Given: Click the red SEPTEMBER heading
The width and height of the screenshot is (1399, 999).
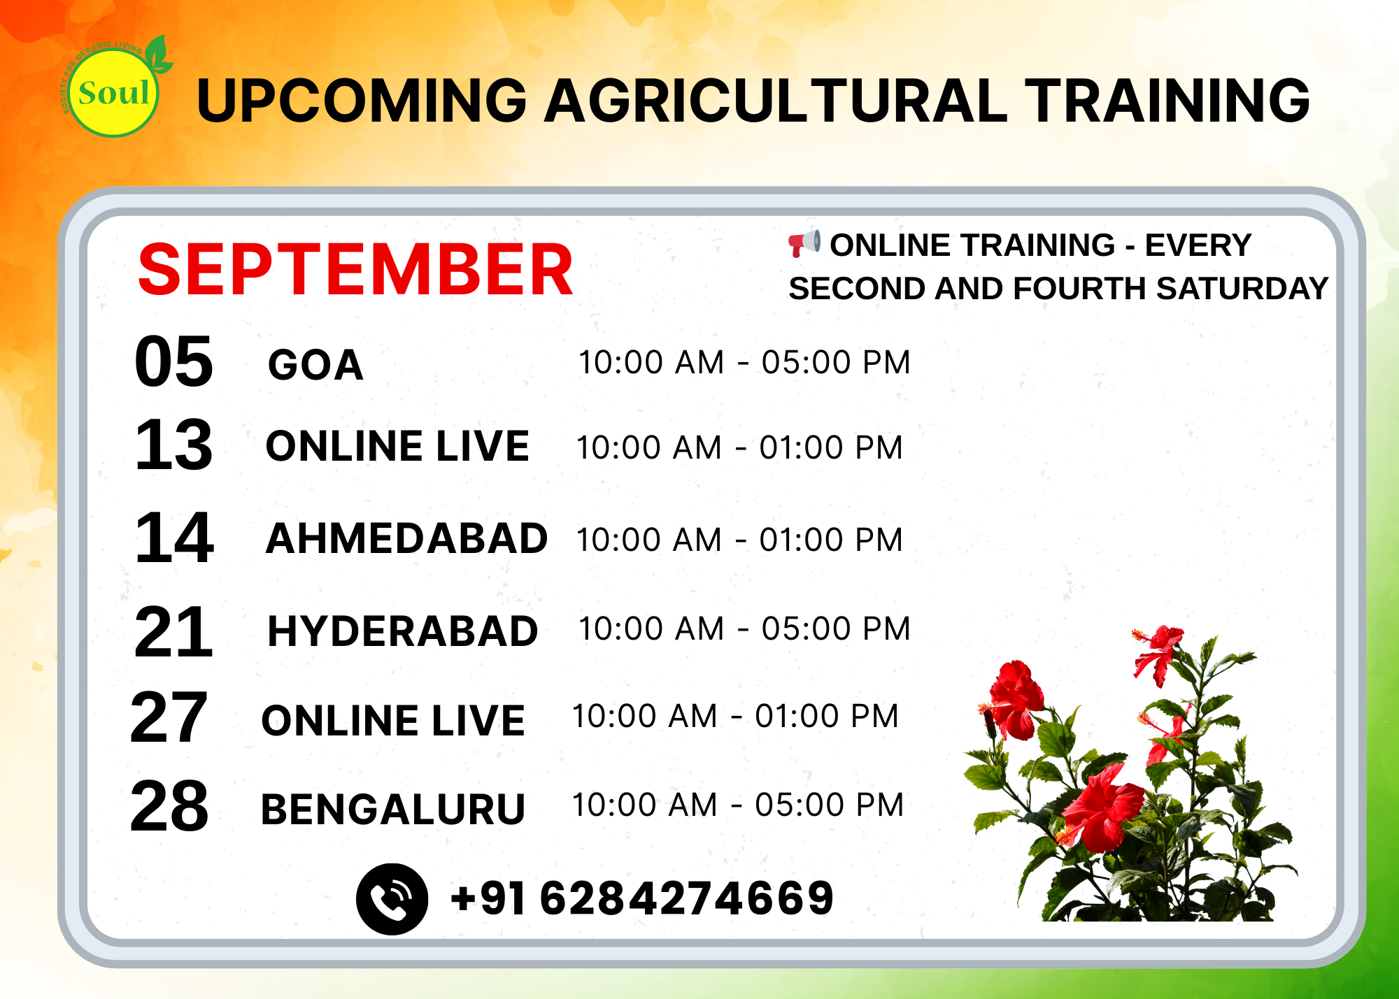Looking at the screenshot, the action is (x=355, y=270).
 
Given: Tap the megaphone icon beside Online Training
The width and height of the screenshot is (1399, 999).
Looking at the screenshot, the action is (x=804, y=243).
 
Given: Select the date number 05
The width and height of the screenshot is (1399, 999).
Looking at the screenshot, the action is (x=173, y=361).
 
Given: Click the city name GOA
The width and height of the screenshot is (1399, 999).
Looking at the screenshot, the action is (x=315, y=365).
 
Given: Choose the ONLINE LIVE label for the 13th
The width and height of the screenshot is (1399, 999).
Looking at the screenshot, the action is (x=397, y=446).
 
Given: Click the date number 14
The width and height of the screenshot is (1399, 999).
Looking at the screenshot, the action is (x=174, y=538).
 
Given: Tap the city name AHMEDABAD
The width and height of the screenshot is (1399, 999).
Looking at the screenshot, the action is (x=406, y=538).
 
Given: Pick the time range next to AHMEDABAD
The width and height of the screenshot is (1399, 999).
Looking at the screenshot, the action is (x=739, y=540).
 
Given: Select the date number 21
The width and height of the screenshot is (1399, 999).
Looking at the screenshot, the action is (x=173, y=631).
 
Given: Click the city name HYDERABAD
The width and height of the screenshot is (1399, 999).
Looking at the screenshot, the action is (x=403, y=631).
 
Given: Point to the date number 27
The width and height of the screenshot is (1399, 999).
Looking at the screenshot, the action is (x=169, y=717).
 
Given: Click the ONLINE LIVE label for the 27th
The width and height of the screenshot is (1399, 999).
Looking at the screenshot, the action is (x=392, y=721).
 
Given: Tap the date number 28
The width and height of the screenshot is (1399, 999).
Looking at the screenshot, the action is (x=169, y=806).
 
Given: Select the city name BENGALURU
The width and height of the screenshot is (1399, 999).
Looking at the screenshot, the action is (x=392, y=810).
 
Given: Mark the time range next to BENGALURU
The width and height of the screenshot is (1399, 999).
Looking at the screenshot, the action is (x=738, y=805).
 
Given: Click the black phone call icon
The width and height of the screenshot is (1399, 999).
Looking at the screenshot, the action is (x=392, y=899).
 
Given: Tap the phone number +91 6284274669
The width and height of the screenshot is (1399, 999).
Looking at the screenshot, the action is (x=642, y=898).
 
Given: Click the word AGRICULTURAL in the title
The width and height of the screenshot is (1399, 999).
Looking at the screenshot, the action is (x=776, y=101).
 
